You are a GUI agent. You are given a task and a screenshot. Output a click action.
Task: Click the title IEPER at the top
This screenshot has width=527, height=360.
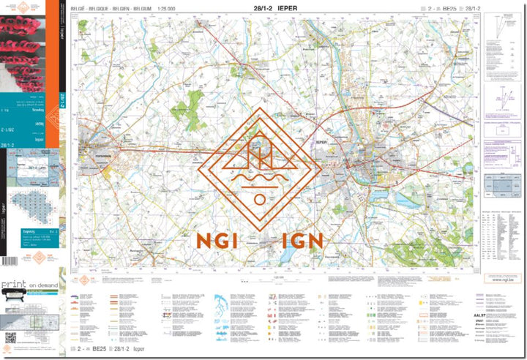291,8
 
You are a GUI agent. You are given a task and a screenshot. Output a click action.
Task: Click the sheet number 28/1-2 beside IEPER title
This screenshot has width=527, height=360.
261,8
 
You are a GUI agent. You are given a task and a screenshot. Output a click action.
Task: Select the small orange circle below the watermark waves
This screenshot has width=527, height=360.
258,200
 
